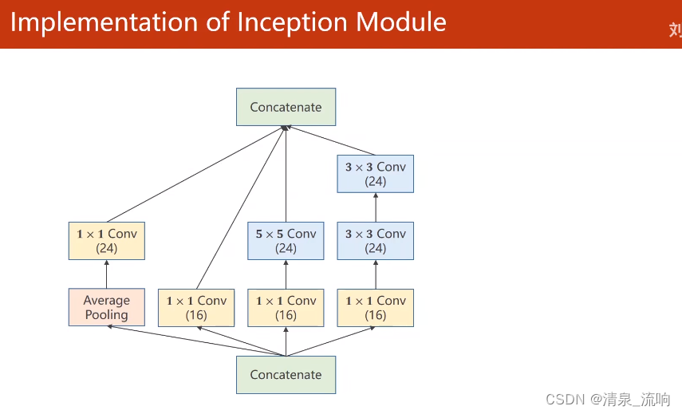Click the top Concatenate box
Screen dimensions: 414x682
286,107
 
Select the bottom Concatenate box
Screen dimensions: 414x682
286,374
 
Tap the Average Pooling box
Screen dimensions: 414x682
106,307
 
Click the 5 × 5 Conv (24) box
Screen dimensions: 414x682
286,241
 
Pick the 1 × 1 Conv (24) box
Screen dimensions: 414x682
106,241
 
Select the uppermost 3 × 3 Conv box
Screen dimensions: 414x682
375,174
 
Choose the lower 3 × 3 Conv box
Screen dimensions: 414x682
375,241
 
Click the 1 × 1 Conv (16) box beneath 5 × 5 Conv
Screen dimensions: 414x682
286,307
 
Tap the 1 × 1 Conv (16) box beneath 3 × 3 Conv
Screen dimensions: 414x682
375,307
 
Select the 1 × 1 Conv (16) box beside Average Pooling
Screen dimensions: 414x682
196,307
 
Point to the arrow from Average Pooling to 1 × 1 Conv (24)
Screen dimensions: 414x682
106,274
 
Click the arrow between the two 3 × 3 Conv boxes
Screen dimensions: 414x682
375,207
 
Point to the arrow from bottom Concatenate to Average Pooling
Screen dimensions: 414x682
196,341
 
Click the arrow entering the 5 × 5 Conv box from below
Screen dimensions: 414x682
286,274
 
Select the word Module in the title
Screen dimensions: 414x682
401,22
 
